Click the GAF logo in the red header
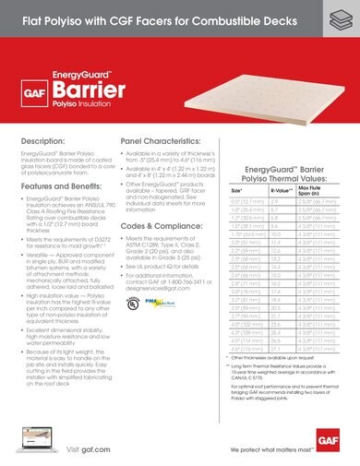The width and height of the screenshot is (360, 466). (34, 89)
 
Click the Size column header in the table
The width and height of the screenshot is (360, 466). (236, 188)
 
